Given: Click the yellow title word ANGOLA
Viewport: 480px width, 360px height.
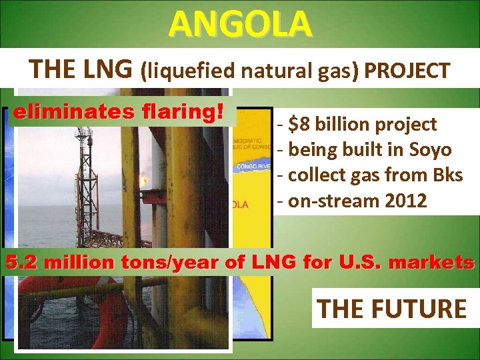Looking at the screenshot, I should click(239, 24).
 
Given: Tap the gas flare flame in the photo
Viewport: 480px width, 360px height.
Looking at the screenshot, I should click(142, 180).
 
